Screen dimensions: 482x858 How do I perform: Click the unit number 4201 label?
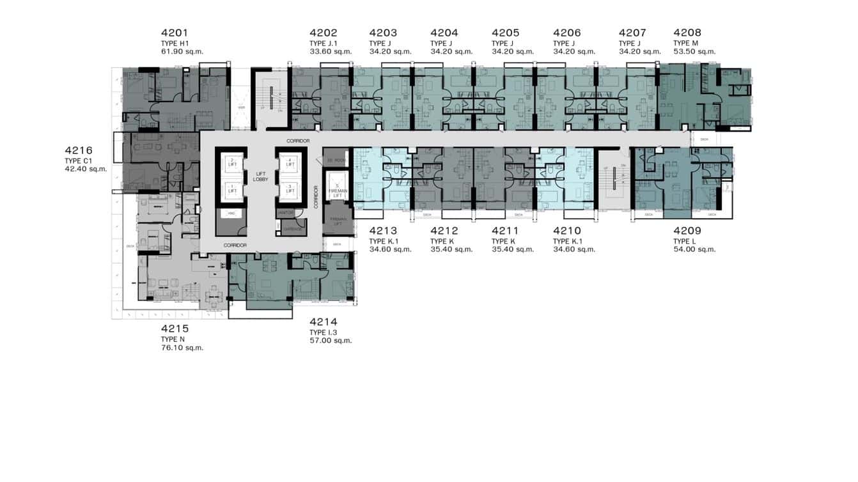tap(175, 33)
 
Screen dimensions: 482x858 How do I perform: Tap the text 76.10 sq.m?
tap(182, 348)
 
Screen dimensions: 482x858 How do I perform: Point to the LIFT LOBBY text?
tap(260, 177)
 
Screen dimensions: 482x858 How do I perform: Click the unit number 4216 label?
tap(79, 150)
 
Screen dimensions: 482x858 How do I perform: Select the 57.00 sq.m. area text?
tap(331, 341)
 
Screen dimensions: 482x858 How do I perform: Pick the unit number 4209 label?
tap(687, 231)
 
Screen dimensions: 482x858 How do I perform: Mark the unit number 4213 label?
tap(383, 231)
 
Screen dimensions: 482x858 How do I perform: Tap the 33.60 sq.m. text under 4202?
tap(331, 51)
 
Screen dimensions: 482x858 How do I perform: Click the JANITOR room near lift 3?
tap(285, 213)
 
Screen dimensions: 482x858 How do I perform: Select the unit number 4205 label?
tap(506, 33)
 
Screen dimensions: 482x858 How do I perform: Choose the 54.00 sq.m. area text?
tap(694, 249)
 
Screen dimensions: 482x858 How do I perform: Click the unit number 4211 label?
tap(506, 231)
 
